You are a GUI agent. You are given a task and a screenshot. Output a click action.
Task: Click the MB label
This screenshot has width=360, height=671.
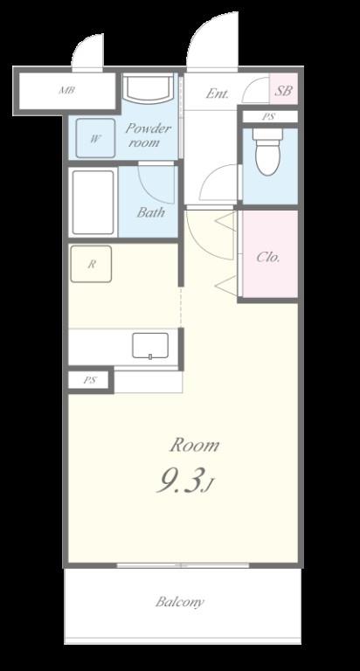67,91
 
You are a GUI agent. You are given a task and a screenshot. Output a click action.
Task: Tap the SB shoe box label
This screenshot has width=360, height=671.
283,91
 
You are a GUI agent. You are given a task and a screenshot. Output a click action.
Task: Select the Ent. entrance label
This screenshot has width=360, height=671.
218,93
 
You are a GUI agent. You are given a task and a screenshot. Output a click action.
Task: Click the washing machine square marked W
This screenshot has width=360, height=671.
95,138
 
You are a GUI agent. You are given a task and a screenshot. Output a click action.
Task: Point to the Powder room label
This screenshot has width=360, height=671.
149,135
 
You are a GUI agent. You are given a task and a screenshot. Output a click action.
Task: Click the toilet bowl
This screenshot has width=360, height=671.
267,151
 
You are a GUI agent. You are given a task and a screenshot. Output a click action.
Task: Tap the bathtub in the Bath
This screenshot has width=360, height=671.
93,202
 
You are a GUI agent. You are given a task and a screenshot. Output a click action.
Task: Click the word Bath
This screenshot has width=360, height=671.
150,212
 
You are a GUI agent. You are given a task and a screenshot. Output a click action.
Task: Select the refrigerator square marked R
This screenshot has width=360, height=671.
91,264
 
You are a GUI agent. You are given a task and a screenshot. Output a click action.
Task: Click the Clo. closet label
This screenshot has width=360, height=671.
268,257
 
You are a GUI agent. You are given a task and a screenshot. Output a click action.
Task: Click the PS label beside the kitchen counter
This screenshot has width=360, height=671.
90,380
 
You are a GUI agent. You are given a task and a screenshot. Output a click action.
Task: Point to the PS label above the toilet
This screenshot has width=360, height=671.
269,116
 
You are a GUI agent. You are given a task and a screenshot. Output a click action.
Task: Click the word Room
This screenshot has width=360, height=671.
195,446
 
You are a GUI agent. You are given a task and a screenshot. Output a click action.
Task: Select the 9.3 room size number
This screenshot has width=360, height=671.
179,481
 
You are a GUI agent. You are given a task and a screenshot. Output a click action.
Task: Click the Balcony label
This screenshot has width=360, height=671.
180,602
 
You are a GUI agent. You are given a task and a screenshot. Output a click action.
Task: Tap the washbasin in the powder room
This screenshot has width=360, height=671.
149,87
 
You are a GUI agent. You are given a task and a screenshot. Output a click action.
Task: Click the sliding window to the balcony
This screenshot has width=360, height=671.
183,566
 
